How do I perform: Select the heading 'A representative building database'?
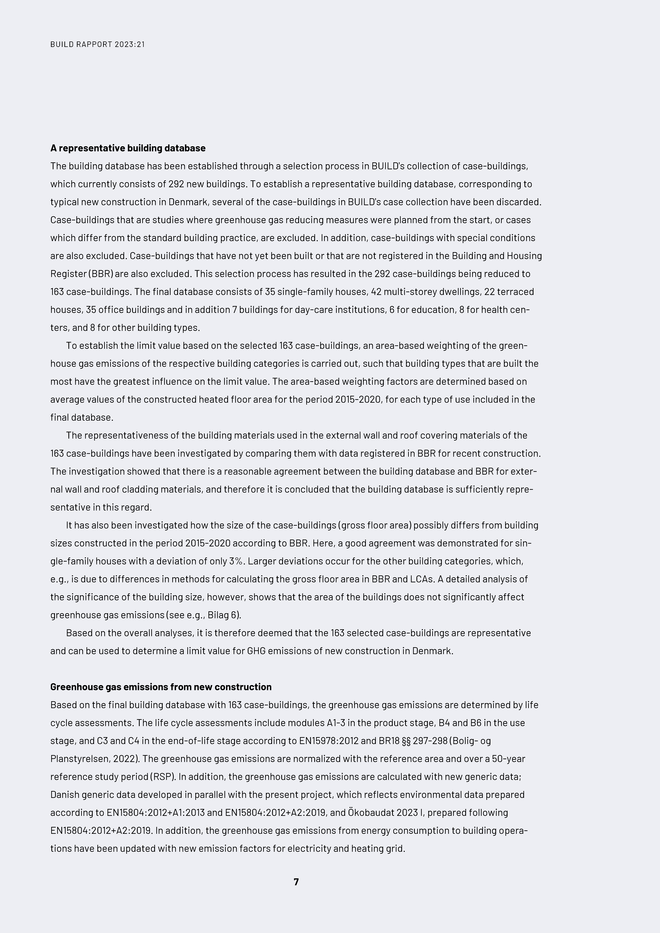click(128, 148)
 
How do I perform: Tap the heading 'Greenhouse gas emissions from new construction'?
click(161, 687)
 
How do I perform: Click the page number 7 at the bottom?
click(296, 882)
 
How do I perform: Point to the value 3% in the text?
click(235, 561)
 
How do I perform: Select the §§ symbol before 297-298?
click(406, 741)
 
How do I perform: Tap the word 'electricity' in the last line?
click(309, 848)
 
